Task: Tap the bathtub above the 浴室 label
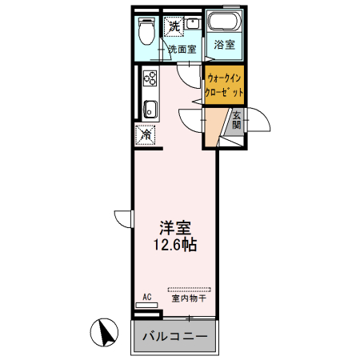224,22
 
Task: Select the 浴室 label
224,46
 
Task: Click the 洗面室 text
182,50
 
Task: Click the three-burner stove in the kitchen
149,79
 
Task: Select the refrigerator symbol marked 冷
146,136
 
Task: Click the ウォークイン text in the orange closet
225,78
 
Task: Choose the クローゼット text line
225,92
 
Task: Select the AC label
147,297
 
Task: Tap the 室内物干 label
190,299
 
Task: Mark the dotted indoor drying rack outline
190,289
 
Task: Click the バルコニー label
175,336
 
